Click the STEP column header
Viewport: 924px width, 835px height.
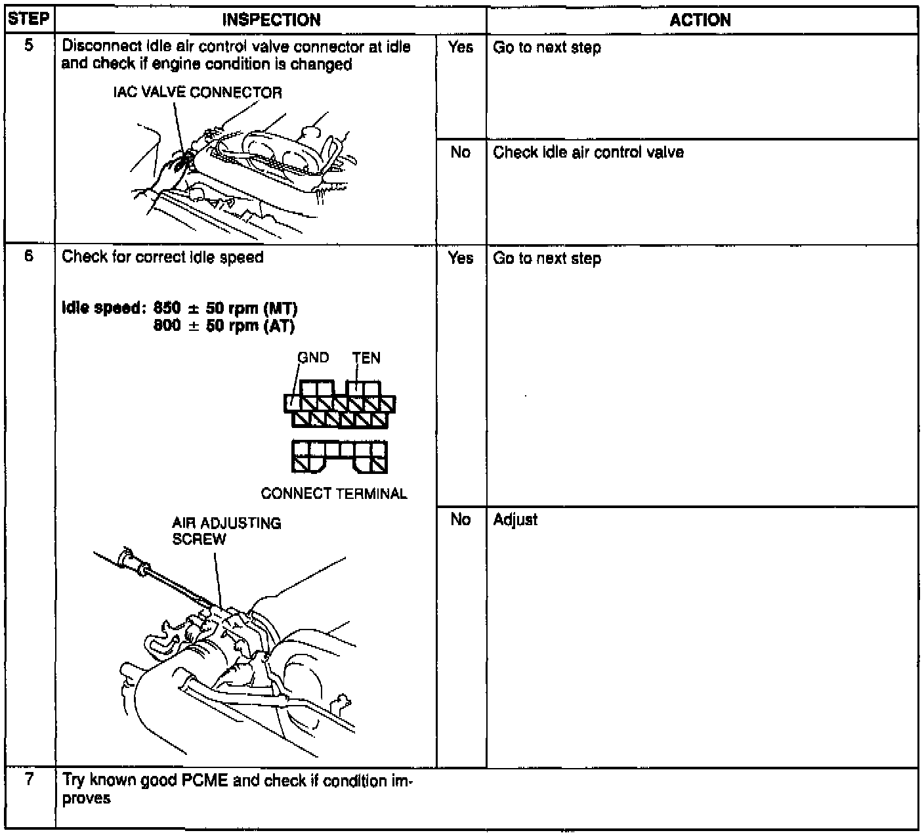pos(29,19)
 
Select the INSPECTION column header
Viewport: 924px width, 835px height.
pos(271,20)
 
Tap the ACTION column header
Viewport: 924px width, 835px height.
pos(700,20)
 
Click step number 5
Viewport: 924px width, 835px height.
pos(29,47)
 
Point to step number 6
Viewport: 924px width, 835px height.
pos(29,256)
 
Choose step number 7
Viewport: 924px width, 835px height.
pos(29,780)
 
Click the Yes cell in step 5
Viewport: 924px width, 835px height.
pos(461,47)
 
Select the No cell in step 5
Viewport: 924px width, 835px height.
pos(461,152)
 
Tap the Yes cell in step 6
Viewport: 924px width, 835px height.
pos(461,258)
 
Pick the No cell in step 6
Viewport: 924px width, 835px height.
pos(461,520)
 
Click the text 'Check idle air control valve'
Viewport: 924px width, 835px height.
pos(588,152)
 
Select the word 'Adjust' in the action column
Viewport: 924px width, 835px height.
pos(515,520)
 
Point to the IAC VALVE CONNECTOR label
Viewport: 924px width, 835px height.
pos(198,93)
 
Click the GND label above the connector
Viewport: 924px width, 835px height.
pos(313,358)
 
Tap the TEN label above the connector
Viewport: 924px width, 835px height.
pos(366,358)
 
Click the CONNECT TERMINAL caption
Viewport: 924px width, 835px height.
pos(333,494)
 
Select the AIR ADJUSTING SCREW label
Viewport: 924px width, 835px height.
pos(226,531)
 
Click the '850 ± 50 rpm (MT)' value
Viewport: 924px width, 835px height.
pos(225,308)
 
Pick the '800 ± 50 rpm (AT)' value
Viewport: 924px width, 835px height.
pos(224,326)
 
